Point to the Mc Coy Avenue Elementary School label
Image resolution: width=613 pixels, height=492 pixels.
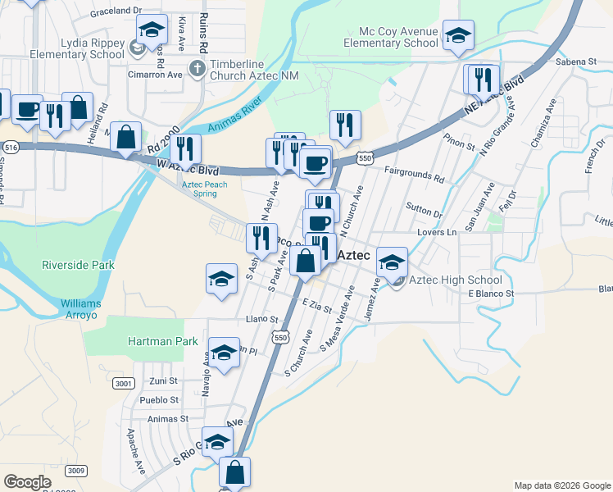(x=390, y=36)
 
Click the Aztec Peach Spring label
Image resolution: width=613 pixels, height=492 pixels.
(x=204, y=189)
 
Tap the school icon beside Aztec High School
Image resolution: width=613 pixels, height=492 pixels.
(x=392, y=262)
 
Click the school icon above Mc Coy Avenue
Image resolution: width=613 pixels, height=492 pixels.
(x=458, y=35)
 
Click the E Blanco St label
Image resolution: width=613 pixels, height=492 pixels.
(x=491, y=293)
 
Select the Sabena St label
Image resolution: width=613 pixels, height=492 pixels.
(x=575, y=61)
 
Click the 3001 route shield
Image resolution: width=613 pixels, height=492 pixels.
(x=124, y=383)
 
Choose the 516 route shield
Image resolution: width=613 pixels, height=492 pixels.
(x=11, y=147)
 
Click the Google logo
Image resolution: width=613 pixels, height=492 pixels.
(x=27, y=482)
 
